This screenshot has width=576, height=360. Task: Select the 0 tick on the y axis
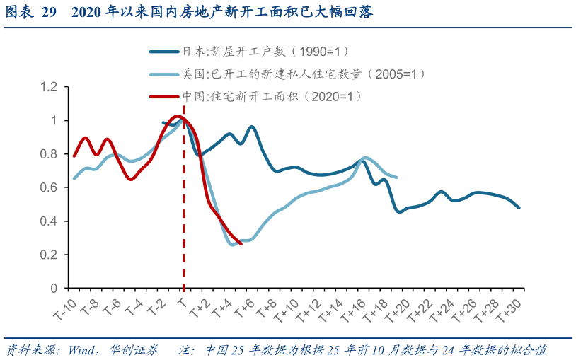[x=52, y=289]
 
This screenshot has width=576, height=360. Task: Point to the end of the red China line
[x=241, y=243]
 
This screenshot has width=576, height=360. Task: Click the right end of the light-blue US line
[x=396, y=177]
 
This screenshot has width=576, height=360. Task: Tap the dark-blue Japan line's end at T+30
[x=519, y=207]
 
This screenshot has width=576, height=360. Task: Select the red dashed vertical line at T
[x=184, y=212]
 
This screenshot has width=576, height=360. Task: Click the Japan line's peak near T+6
[x=252, y=127]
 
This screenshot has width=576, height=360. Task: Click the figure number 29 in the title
[x=47, y=12]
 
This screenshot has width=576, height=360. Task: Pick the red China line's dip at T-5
[x=130, y=179]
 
